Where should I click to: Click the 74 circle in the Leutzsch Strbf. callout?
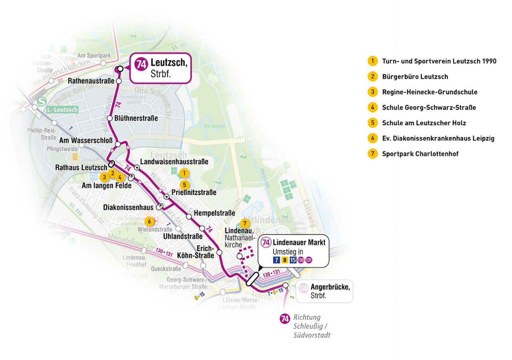[x=141, y=64]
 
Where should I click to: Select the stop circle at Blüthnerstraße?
[x=110, y=118]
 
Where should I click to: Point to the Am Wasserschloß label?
[x=86, y=141]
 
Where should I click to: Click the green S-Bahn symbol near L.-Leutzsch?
[x=40, y=102]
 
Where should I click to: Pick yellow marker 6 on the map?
[x=149, y=221]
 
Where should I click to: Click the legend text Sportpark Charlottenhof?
[x=420, y=154]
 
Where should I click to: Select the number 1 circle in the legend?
[x=372, y=61]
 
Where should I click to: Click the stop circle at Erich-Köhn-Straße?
[x=219, y=252]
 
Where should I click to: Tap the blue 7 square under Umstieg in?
[x=276, y=260]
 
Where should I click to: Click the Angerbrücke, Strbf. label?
[x=330, y=291]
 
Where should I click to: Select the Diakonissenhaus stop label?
[x=128, y=208]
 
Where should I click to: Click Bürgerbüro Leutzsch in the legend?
[x=415, y=77]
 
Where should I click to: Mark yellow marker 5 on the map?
[x=184, y=185]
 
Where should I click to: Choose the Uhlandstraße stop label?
[x=183, y=236]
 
